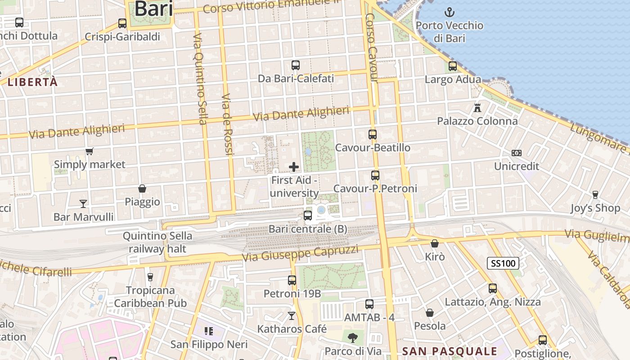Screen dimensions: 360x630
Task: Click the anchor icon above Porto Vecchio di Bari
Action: pos(449,12)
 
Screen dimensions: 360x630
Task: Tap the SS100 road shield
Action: pos(503,263)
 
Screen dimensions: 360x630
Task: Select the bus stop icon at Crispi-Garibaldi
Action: pos(122,23)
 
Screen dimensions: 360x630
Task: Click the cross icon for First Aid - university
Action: pos(294,167)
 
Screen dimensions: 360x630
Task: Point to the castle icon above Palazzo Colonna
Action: pos(477,108)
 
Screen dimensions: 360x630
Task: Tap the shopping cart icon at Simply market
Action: pos(89,152)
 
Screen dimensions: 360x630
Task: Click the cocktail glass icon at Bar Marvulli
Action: pos(83,204)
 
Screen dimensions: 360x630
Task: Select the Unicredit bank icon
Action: pos(517,153)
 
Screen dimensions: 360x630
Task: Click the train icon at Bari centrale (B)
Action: pos(308,216)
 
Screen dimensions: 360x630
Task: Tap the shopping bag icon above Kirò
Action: pos(435,243)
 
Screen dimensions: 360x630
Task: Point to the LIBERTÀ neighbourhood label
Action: pos(33,82)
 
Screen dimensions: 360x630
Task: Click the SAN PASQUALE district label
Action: pos(450,351)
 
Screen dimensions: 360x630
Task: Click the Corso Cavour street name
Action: pos(371,47)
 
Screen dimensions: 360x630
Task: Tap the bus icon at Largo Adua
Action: pos(453,66)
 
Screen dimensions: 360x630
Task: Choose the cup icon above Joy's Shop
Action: pos(595,195)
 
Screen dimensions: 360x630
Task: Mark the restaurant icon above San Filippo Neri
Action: pos(208,332)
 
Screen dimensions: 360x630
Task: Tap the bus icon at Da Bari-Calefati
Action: pos(296,65)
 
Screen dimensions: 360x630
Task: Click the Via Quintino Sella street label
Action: pos(200,79)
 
